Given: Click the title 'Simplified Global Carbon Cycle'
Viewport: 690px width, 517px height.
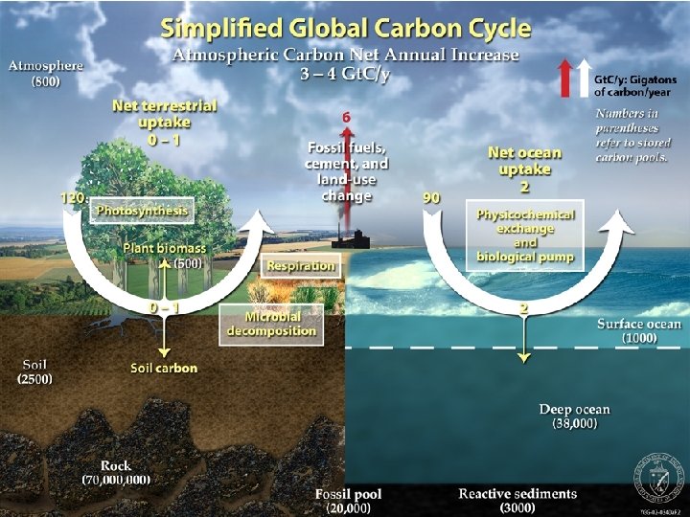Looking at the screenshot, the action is pos(345,26).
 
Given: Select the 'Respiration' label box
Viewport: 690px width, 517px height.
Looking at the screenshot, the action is pos(301,265).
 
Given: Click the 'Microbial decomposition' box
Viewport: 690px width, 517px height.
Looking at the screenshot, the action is pos(271,324).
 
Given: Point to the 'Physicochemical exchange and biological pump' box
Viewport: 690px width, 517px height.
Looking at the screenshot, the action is pos(525,236).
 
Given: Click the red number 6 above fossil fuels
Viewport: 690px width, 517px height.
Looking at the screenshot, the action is pos(346,118).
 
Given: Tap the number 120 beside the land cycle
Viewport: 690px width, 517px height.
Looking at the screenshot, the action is pos(73,197).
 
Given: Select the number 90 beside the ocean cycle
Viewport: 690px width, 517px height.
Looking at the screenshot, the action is pos(431,197).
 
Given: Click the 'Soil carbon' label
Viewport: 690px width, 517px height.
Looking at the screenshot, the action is pos(164,368).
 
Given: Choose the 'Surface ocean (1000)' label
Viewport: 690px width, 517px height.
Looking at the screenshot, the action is pos(638,331).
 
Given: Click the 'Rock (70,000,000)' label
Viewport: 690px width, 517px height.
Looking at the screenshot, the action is pos(116,473).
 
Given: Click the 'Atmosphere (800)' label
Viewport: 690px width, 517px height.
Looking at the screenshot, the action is pos(46,74).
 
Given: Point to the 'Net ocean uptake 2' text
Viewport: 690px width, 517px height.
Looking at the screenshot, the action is pos(524,168).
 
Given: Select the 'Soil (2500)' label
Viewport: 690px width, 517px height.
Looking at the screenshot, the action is pos(34,371).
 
